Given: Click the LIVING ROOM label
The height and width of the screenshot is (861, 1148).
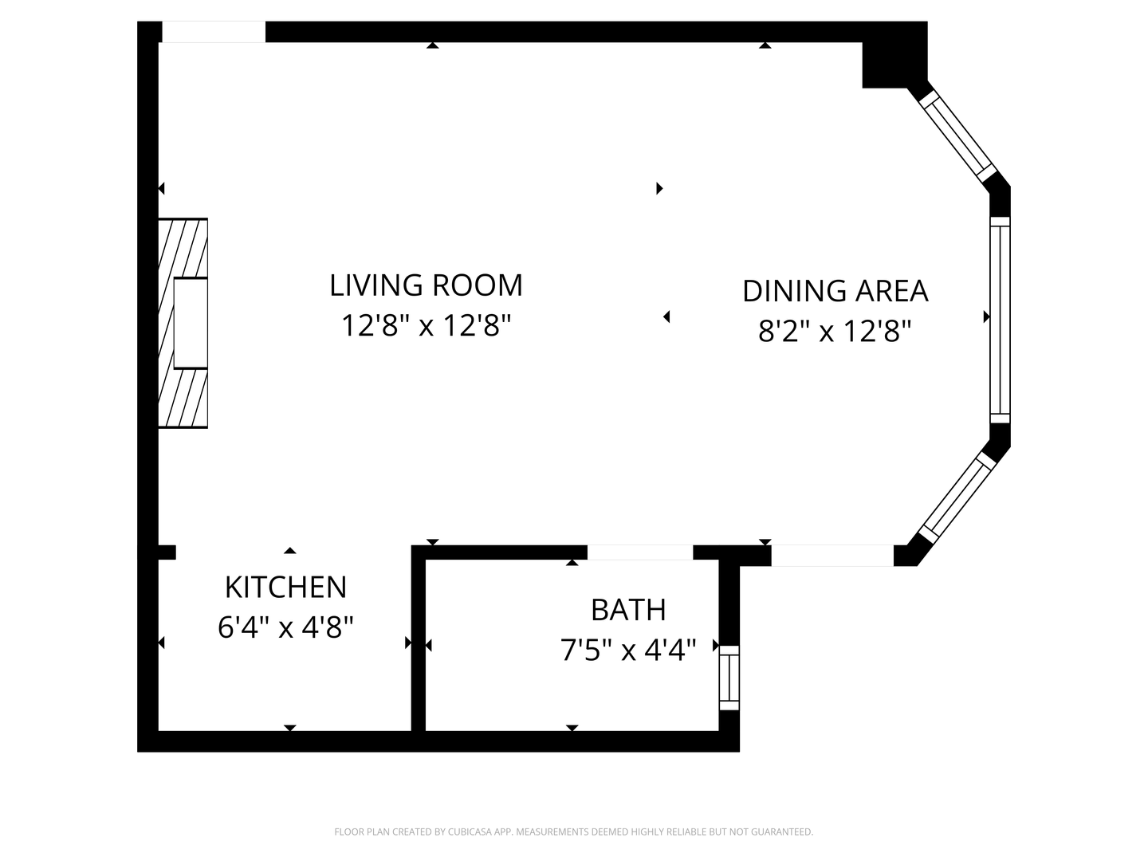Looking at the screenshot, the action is click(x=426, y=285).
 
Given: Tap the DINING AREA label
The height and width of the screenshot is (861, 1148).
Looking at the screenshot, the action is click(x=835, y=291).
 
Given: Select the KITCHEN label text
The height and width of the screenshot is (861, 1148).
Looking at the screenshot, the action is click(x=285, y=587).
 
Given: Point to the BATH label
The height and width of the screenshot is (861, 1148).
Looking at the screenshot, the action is click(x=628, y=610).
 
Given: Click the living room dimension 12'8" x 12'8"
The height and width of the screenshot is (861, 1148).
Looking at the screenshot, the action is click(x=426, y=325).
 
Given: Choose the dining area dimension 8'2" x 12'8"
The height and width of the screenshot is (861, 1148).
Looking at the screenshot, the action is click(x=835, y=331).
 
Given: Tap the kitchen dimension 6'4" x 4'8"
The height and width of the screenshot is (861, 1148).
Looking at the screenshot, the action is click(x=285, y=627).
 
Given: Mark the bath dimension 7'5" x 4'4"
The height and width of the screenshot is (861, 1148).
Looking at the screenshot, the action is click(x=628, y=650).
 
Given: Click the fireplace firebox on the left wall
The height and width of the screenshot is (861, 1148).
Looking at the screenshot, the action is click(x=191, y=323).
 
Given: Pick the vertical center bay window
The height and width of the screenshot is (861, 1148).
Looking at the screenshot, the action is click(x=1000, y=320).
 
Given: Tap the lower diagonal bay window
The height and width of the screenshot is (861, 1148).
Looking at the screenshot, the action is click(x=957, y=497).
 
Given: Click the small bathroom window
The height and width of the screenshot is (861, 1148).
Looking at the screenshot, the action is click(x=729, y=678).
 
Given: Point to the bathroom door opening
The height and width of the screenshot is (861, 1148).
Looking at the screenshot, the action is click(x=640, y=552).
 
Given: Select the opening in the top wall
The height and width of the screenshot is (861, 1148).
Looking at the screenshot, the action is click(x=214, y=32).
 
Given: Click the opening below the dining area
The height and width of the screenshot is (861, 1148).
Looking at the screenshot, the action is click(x=832, y=555).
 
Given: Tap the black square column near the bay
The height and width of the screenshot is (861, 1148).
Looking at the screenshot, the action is click(x=894, y=55).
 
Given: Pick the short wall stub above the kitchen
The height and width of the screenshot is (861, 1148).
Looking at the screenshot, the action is click(x=167, y=552).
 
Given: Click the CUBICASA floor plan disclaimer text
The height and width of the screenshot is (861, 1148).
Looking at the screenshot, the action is click(x=574, y=832).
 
